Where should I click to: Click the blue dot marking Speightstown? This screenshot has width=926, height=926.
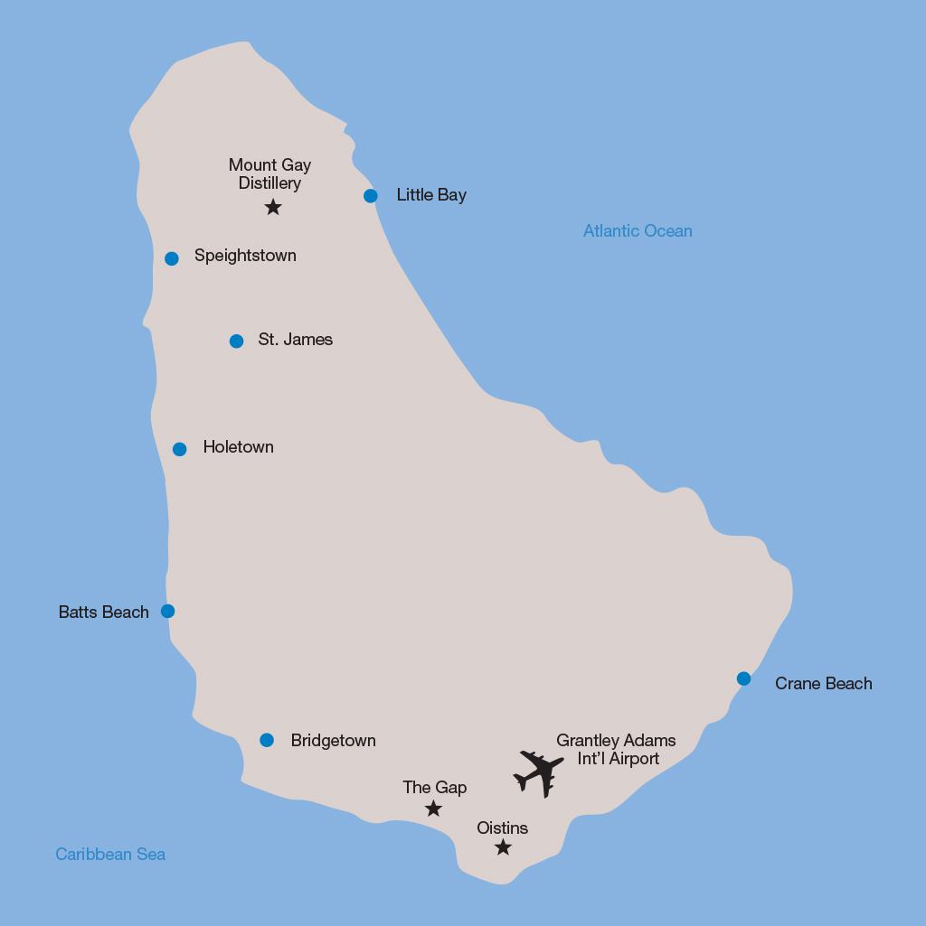(x=172, y=258)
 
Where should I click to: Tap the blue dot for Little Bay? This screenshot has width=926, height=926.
(x=371, y=196)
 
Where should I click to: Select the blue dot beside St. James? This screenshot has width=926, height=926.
(x=236, y=341)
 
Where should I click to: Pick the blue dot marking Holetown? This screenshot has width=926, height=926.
(x=180, y=449)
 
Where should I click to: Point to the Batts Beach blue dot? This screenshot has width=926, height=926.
(x=167, y=612)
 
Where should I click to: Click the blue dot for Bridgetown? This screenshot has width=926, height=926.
(x=267, y=741)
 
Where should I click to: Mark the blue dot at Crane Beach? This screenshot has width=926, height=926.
(x=743, y=678)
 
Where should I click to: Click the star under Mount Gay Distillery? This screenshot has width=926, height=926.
(x=273, y=208)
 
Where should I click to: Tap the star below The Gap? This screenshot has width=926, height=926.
(x=433, y=809)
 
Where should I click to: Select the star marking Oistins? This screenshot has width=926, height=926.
(x=503, y=847)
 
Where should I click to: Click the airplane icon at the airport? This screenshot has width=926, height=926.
(x=539, y=773)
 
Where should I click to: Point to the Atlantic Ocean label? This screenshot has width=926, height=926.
(x=638, y=231)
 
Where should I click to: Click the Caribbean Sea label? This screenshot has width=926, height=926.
(x=110, y=855)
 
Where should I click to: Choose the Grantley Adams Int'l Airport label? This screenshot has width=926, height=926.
(x=616, y=750)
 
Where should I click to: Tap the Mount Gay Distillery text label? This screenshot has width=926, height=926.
(x=269, y=174)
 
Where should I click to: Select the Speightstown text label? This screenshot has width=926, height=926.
(x=245, y=256)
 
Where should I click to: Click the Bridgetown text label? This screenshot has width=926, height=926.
(x=333, y=741)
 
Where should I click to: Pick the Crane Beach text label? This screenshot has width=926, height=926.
(x=823, y=684)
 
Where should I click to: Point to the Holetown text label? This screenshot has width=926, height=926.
(x=238, y=447)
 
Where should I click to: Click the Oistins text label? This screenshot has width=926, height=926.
(x=502, y=828)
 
